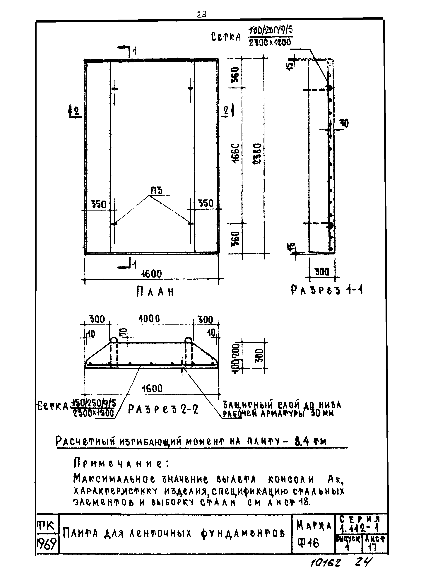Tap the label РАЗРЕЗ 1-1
pyautogui.click(x=326, y=290)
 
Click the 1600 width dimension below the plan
pyautogui.click(x=152, y=274)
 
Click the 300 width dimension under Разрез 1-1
pyautogui.click(x=322, y=272)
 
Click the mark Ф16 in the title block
pyautogui.click(x=308, y=543)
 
